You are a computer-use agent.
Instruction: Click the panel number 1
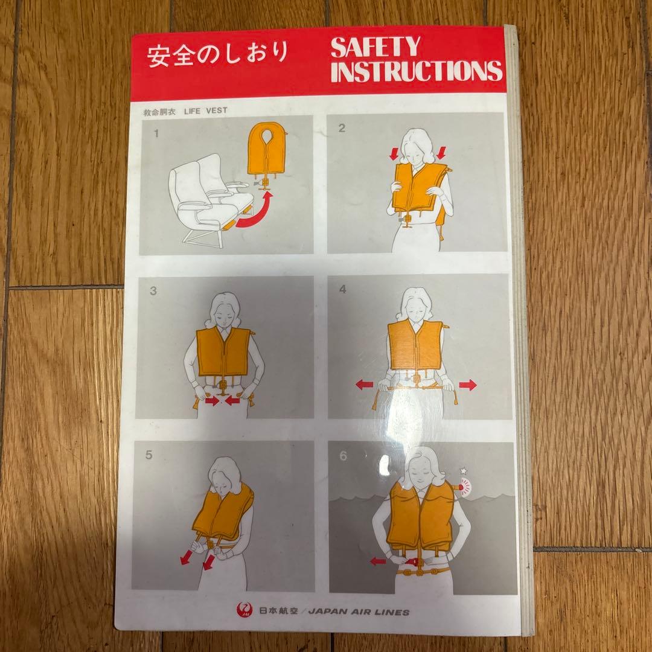156,134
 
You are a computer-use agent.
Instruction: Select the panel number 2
342,128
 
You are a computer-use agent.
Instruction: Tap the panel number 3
153,290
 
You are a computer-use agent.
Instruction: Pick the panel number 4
343,289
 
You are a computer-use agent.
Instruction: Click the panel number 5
150,456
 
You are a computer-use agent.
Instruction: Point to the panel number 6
343,456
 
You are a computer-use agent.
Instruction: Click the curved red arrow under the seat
254,214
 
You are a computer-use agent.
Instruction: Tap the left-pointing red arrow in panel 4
364,384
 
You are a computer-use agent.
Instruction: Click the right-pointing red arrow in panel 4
468,385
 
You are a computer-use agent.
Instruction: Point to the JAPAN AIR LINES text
359,612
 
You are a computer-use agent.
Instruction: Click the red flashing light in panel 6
466,484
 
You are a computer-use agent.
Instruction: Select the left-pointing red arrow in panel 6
378,561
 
